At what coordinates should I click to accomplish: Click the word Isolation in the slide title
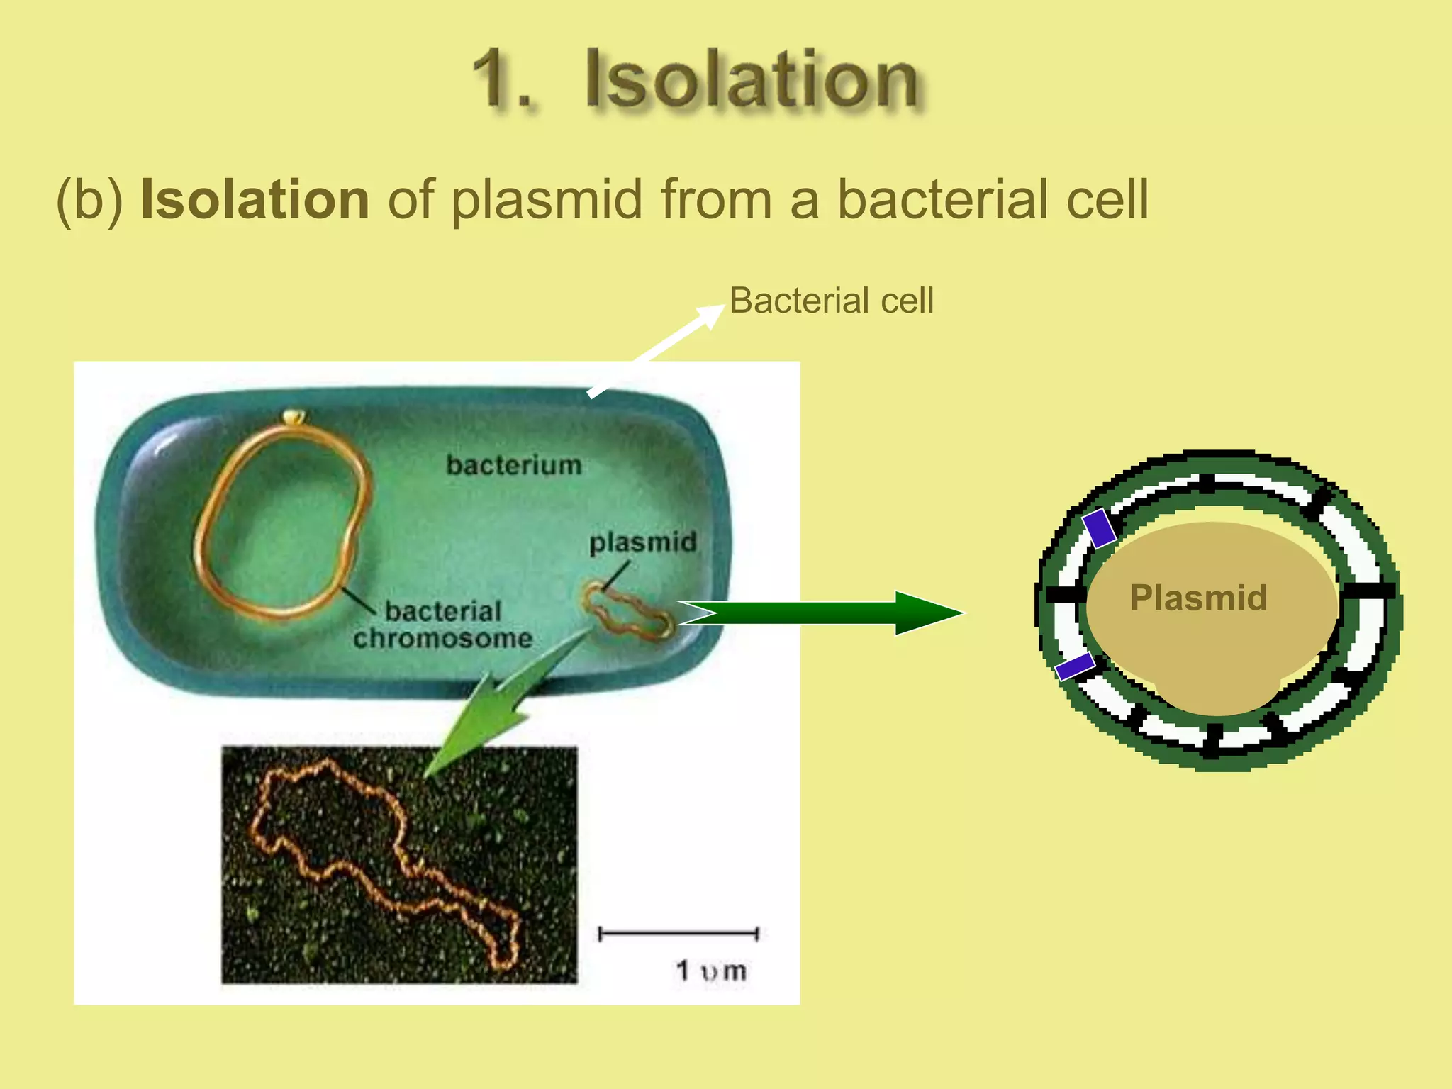pos(752,79)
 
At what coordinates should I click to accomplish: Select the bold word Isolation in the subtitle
pos(255,199)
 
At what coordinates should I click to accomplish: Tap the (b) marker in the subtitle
pos(89,201)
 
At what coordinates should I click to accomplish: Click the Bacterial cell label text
pos(831,301)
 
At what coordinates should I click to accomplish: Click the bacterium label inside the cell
pos(513,465)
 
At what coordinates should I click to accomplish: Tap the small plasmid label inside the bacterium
pos(642,542)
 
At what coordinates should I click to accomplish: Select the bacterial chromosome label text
pos(442,625)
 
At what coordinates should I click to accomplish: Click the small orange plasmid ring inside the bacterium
pos(627,612)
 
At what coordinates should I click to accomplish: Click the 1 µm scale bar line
pos(678,934)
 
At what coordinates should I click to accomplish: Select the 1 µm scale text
pos(710,971)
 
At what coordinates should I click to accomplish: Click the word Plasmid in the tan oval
pos(1198,598)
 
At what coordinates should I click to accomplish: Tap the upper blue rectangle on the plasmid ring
pos(1099,528)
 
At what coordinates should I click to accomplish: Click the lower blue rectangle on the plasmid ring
pos(1075,666)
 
